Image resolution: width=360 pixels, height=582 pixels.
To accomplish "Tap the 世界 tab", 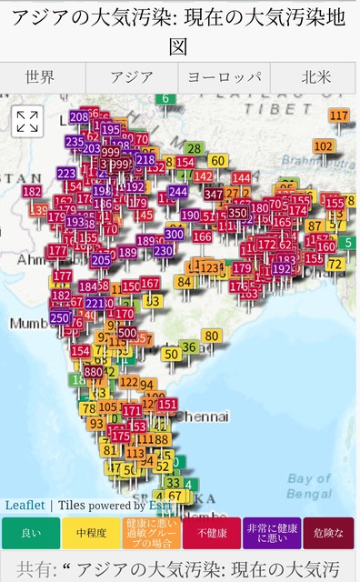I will pyautogui.click(x=40, y=77).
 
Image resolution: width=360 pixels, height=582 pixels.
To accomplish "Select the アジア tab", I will pyautogui.click(x=132, y=77).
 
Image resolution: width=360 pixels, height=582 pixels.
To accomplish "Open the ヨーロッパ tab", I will pyautogui.click(x=224, y=77).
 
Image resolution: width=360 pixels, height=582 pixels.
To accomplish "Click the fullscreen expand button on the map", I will pyautogui.click(x=27, y=120).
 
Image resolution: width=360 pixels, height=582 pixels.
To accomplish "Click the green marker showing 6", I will pyautogui.click(x=165, y=98).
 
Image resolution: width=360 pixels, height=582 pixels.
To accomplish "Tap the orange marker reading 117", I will pyautogui.click(x=339, y=115).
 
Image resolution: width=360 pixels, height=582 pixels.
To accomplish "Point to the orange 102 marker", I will pyautogui.click(x=323, y=145).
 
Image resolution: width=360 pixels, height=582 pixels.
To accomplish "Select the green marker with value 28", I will pyautogui.click(x=194, y=148).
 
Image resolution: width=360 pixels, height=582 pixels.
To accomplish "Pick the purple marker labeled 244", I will pyautogui.click(x=177, y=191).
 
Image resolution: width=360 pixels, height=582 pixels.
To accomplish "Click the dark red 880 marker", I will pyautogui.click(x=93, y=371).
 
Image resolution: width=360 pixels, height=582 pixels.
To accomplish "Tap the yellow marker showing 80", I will pyautogui.click(x=212, y=336).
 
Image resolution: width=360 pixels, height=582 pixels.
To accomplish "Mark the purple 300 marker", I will pyautogui.click(x=174, y=233).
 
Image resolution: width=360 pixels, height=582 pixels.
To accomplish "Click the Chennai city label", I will pyautogui.click(x=202, y=416).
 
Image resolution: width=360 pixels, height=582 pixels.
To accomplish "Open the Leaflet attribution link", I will pyautogui.click(x=25, y=505).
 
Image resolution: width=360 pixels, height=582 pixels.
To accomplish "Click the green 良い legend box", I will pyautogui.click(x=30, y=533).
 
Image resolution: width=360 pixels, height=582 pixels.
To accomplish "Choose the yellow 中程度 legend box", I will pyautogui.click(x=90, y=533).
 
